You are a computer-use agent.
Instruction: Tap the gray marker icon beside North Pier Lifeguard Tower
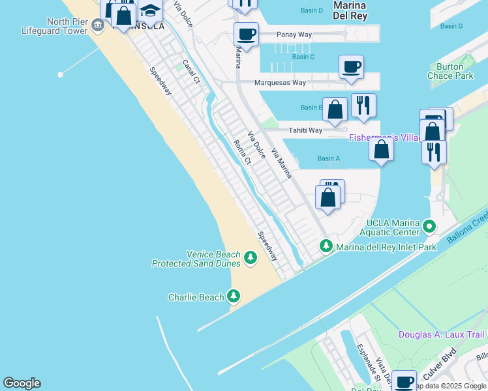click(98, 25)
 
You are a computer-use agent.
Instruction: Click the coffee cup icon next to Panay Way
click(246, 34)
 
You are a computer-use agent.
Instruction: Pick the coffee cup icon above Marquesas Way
click(351, 66)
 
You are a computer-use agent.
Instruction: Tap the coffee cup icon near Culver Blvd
click(404, 381)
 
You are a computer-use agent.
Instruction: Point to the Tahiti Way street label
click(306, 130)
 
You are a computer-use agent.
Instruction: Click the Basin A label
click(329, 158)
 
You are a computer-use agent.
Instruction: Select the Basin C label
click(303, 57)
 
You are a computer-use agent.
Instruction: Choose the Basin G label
click(451, 26)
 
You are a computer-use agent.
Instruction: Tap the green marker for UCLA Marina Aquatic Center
click(429, 226)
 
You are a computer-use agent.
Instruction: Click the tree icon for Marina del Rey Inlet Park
click(326, 246)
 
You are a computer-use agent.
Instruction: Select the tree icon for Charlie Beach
click(234, 297)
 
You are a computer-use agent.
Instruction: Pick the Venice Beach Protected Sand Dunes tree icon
click(250, 259)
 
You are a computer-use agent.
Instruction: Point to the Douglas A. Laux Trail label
click(442, 334)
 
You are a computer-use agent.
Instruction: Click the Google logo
click(22, 383)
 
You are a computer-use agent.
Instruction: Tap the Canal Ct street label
click(191, 72)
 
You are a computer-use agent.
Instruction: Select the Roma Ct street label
click(242, 152)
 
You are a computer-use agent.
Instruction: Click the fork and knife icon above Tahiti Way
click(363, 105)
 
